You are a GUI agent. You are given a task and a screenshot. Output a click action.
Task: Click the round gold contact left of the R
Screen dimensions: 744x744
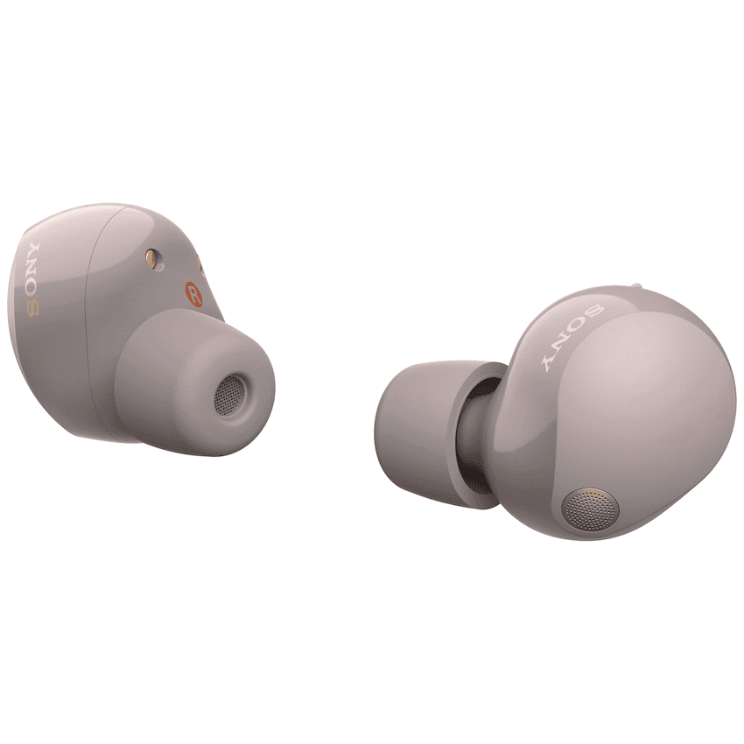[152, 258]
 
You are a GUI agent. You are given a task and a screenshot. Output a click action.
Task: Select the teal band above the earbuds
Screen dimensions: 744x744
[372, 96]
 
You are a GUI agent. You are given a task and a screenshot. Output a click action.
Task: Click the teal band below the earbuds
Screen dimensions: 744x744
[372, 648]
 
